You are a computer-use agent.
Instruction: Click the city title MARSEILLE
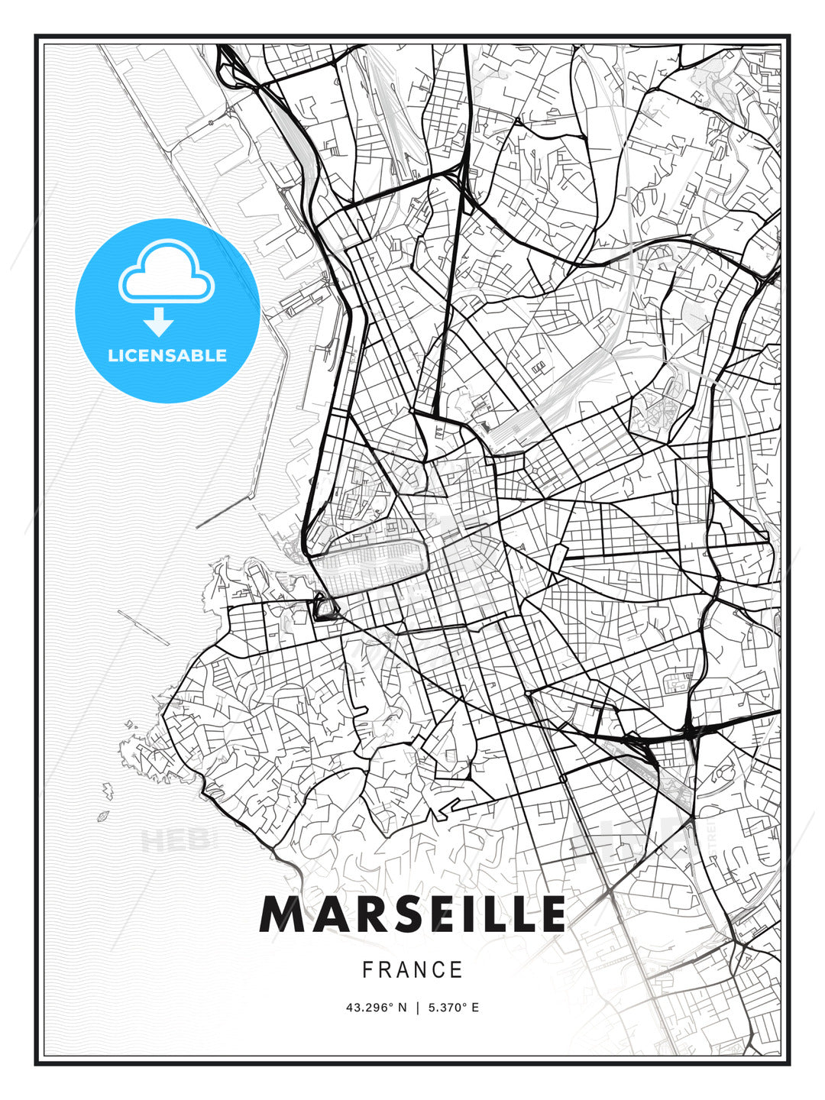pyautogui.click(x=412, y=914)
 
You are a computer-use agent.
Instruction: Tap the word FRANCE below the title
pyautogui.click(x=412, y=970)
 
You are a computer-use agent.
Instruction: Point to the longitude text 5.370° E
pyautogui.click(x=453, y=1008)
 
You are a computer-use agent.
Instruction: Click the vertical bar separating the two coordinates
pyautogui.click(x=418, y=1008)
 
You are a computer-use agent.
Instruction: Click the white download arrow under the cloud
pyautogui.click(x=160, y=322)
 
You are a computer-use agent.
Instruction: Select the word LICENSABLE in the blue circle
pyautogui.click(x=167, y=355)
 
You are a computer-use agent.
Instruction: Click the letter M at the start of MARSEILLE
pyautogui.click(x=282, y=914)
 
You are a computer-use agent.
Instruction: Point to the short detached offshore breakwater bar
pyautogui.click(x=144, y=627)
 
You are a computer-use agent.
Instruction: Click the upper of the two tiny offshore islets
pyautogui.click(x=108, y=794)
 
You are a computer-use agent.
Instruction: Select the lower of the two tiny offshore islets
pyautogui.click(x=102, y=817)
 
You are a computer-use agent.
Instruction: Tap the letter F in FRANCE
pyautogui.click(x=367, y=970)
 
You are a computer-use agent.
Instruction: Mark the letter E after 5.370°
pyautogui.click(x=474, y=1008)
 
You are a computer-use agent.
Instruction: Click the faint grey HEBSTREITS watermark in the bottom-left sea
pyautogui.click(x=174, y=841)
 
